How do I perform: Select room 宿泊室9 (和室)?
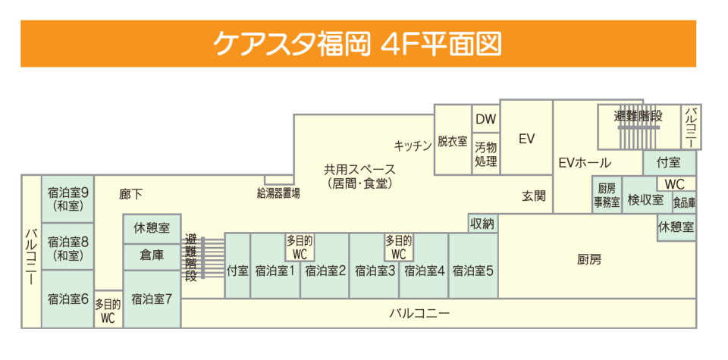[68, 199]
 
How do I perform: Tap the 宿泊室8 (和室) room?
[68, 248]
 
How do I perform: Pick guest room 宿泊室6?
[68, 299]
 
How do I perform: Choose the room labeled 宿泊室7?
[152, 299]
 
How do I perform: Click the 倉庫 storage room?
[152, 255]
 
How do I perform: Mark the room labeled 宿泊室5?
[474, 270]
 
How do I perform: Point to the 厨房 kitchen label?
[588, 259]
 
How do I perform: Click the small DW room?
[485, 119]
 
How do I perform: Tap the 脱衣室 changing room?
[453, 141]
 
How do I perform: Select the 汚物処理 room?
[485, 154]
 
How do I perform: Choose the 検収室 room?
[645, 200]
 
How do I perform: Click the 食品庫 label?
[684, 203]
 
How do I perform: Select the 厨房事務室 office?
[607, 196]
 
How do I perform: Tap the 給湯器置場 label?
[278, 193]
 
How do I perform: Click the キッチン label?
[413, 145]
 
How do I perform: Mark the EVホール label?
[585, 162]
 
